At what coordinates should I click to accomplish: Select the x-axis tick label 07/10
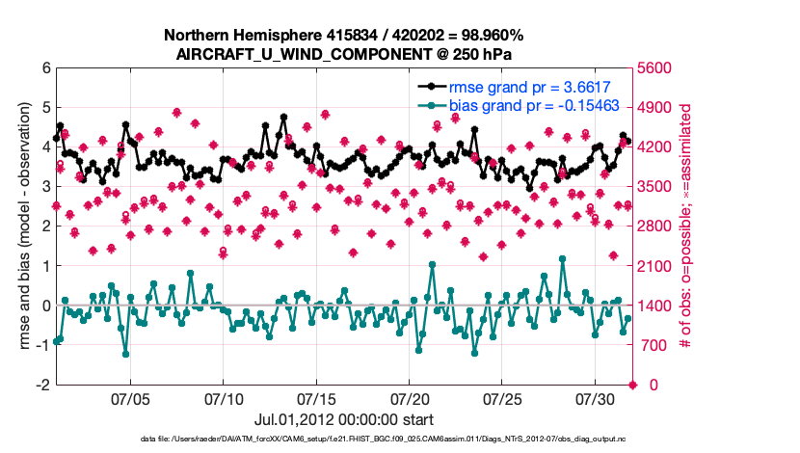[x=224, y=398]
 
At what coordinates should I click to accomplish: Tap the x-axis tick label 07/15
[x=316, y=398]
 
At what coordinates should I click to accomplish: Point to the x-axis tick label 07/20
[x=409, y=398]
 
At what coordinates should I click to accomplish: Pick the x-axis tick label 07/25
[x=502, y=398]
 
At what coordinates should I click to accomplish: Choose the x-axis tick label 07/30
[x=595, y=398]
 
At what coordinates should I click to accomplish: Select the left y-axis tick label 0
[x=46, y=306]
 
